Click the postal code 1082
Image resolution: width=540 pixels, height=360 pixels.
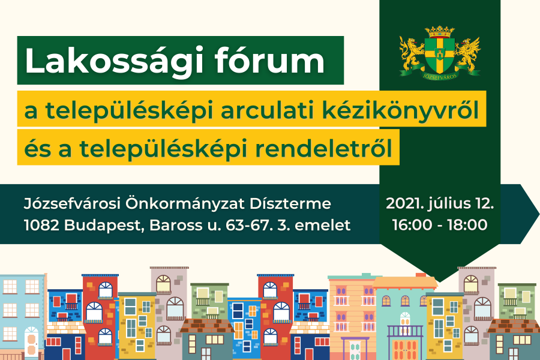click(39, 226)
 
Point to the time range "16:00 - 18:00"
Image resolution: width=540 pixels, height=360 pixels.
click(440, 226)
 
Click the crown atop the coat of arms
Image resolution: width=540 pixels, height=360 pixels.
click(440, 30)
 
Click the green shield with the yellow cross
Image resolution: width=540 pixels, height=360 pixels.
click(440, 53)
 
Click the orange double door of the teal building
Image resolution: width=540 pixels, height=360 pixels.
click(403, 349)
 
